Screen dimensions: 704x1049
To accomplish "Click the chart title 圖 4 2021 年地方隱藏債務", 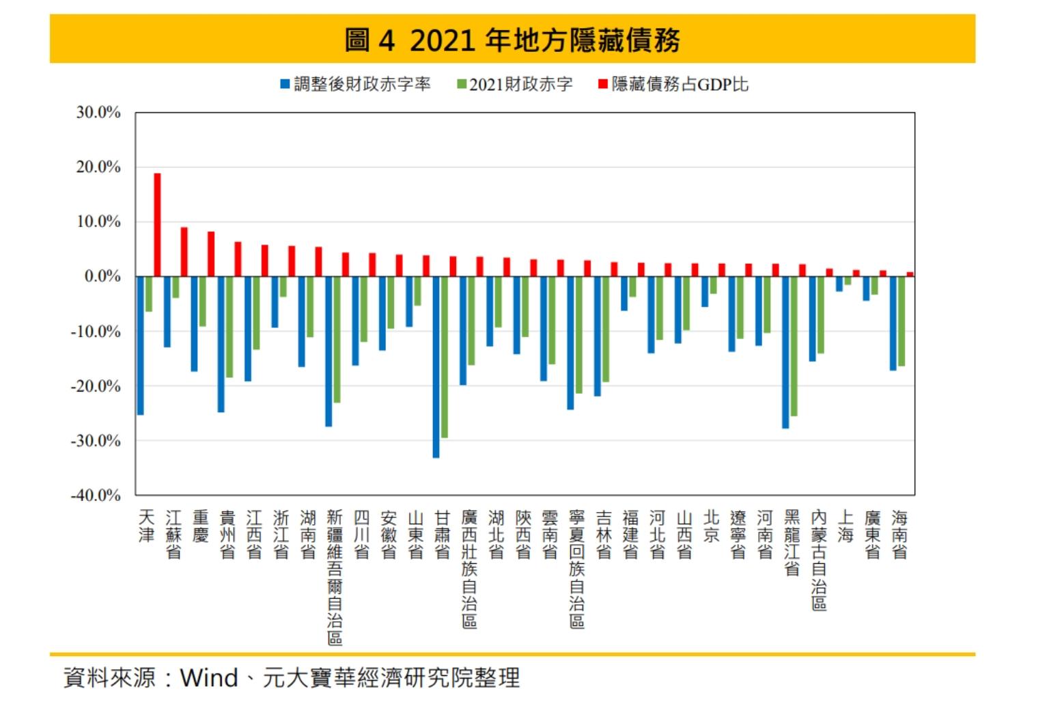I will (x=512, y=40).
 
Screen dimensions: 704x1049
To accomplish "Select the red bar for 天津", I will (x=157, y=225).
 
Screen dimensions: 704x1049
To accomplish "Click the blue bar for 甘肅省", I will (x=436, y=366).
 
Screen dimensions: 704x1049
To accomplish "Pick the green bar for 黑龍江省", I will (x=794, y=346).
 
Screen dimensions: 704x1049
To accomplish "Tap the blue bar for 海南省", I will (x=893, y=323).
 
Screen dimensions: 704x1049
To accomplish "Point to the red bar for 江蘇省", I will (x=184, y=252).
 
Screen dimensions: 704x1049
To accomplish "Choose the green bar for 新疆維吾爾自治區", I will (x=337, y=339).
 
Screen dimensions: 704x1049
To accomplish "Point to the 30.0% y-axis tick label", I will (x=98, y=112).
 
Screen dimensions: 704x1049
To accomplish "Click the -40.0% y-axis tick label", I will (x=96, y=495).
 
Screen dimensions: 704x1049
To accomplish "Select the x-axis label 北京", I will (x=711, y=526).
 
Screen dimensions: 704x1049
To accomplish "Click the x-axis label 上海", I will (x=845, y=526).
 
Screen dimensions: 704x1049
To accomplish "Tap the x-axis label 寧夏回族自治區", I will (x=577, y=569).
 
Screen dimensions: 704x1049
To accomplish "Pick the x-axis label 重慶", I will (x=200, y=526).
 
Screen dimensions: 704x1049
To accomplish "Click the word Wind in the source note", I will (x=209, y=677).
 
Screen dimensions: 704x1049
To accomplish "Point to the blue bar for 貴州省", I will (x=221, y=344).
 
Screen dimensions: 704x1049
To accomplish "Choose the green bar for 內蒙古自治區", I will (x=821, y=314).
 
